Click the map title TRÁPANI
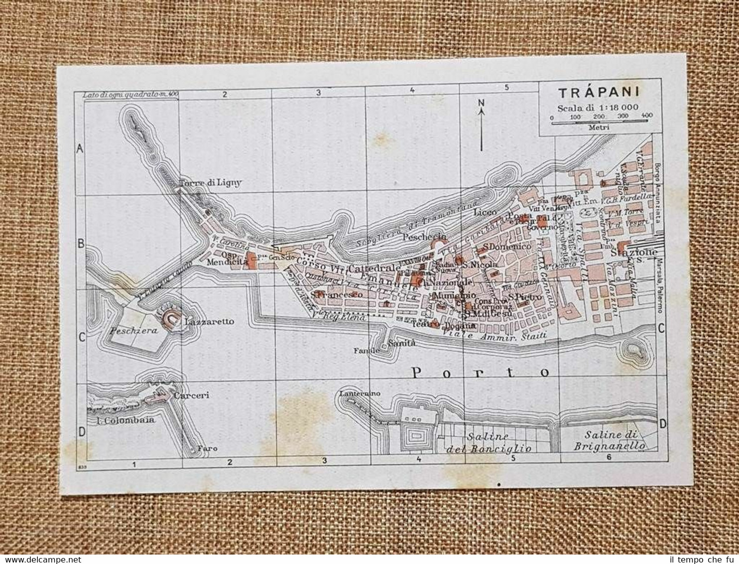tap(599, 93)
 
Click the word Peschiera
tap(128, 330)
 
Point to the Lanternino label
tap(360, 393)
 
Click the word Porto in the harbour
tap(481, 372)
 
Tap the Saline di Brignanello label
tap(609, 440)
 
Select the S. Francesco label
tap(336, 295)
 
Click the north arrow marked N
tap(481, 104)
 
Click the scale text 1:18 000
tap(615, 107)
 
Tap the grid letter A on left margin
tap(80, 148)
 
